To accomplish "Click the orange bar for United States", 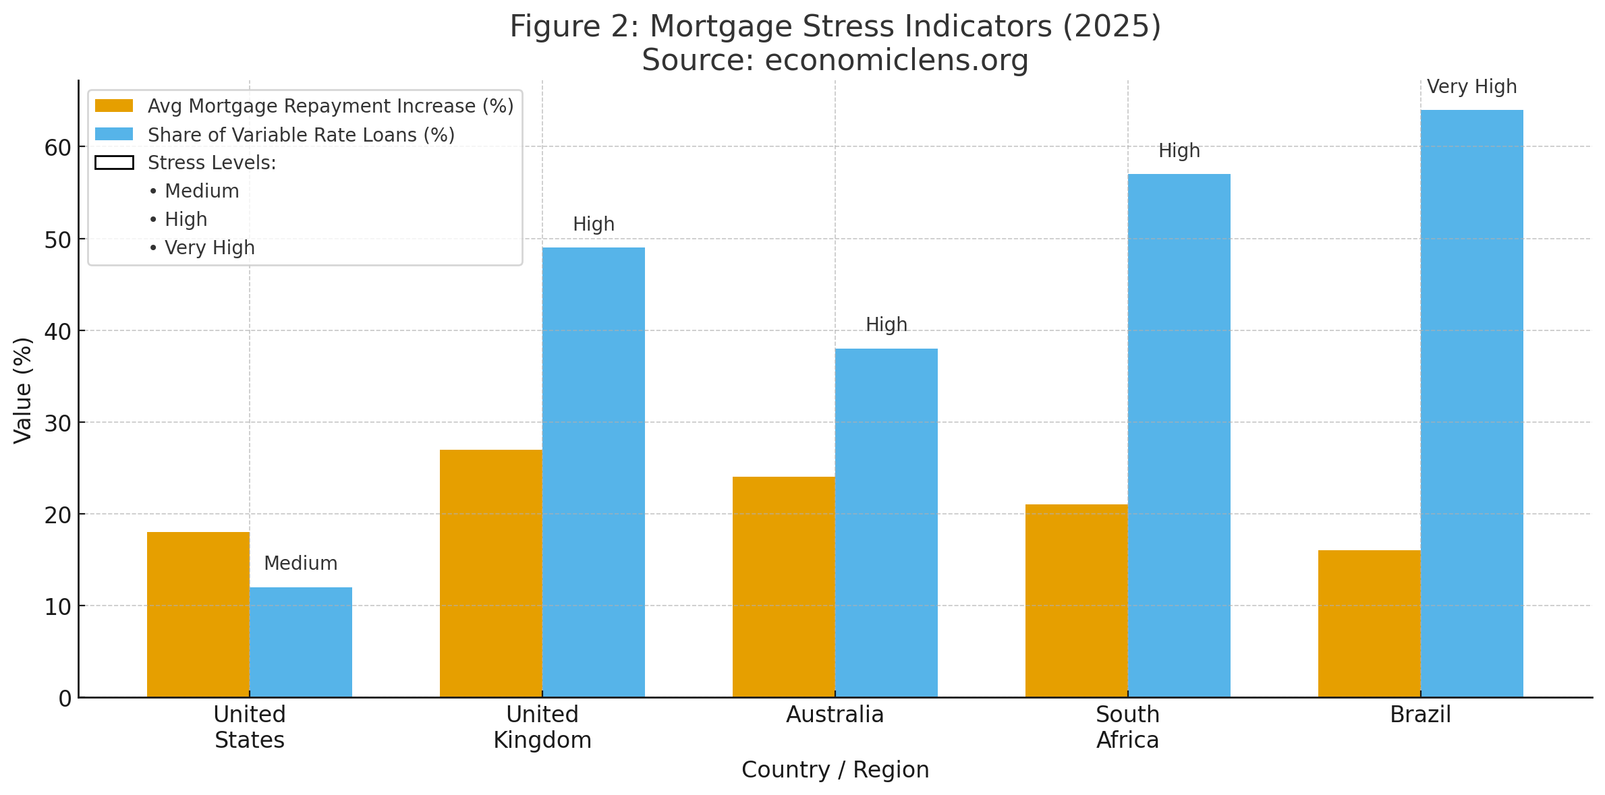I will (198, 614).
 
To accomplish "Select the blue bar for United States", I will (300, 642).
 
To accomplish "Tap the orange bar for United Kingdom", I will (490, 573).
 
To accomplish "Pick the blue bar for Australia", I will (886, 523).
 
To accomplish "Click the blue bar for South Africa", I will (1179, 436).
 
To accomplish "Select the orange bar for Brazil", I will (1369, 624).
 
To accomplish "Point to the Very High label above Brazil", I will (1471, 87).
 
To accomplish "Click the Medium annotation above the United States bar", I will (300, 563).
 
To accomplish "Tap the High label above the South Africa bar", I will (1179, 150).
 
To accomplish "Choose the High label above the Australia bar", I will (886, 324).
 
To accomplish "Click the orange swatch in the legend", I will (114, 106).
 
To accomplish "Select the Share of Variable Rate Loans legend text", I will (301, 135).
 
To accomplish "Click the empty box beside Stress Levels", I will (114, 163).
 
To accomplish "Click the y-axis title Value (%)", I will (23, 390).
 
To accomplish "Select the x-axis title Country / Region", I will (835, 769).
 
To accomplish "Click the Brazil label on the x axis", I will (1420, 714).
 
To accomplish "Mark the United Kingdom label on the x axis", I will (542, 727).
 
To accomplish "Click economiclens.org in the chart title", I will (896, 60).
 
